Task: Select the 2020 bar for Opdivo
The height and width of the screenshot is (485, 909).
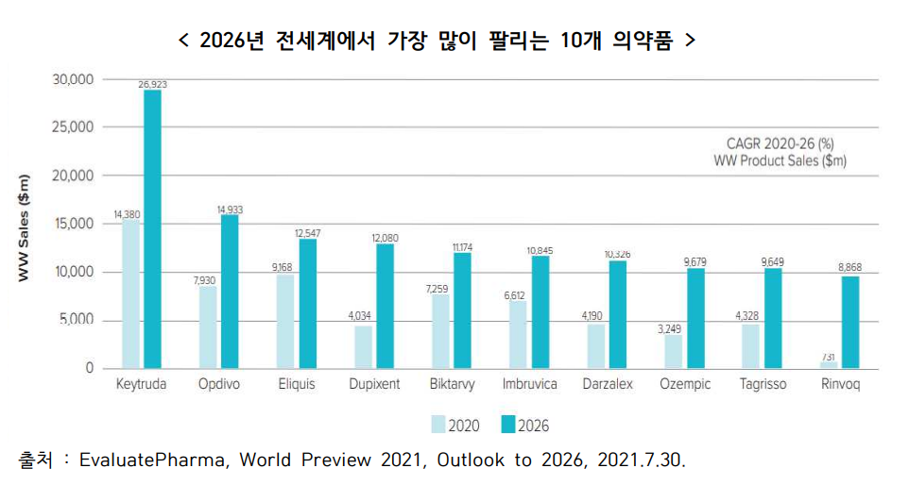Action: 208,326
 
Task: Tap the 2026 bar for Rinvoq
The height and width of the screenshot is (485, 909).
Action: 850,322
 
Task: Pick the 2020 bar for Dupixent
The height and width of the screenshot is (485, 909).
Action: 363,346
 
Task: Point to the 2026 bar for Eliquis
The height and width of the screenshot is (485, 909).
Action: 307,303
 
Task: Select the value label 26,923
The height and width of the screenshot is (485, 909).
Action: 152,85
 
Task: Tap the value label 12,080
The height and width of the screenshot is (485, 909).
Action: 385,238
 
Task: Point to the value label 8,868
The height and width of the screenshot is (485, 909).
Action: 850,269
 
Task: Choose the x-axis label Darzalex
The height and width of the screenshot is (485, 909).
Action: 607,385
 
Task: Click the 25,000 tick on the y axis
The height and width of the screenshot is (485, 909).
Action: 73,127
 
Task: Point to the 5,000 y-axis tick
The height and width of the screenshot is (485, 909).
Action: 77,321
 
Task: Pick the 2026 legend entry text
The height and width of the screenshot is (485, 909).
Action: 533,426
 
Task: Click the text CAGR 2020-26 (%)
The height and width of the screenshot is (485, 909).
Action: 780,144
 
